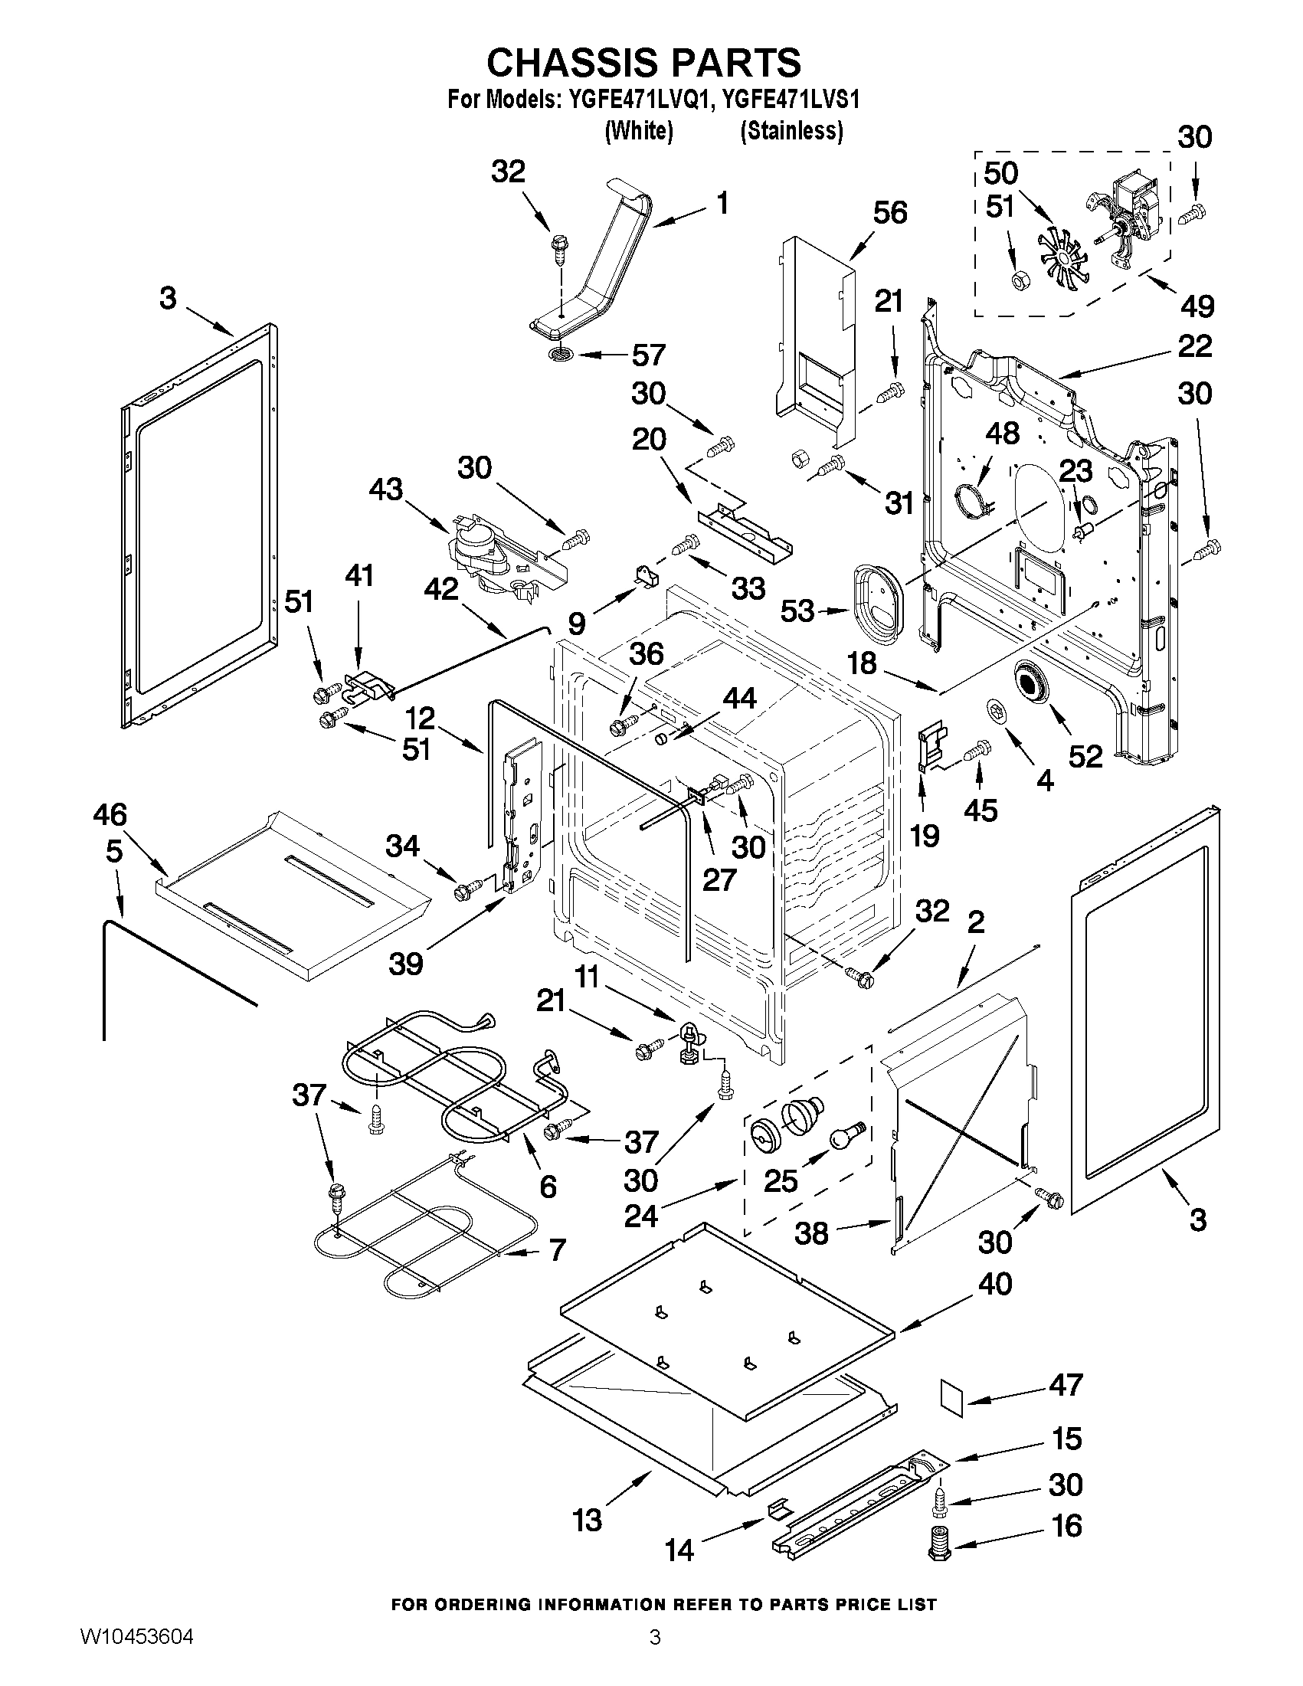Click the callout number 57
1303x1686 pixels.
[647, 355]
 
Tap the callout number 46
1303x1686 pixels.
[110, 814]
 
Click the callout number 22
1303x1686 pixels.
[1194, 345]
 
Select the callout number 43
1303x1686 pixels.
[386, 489]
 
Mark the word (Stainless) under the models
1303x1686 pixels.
[791, 131]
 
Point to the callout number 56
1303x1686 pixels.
[889, 212]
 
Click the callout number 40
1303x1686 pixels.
[995, 1284]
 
